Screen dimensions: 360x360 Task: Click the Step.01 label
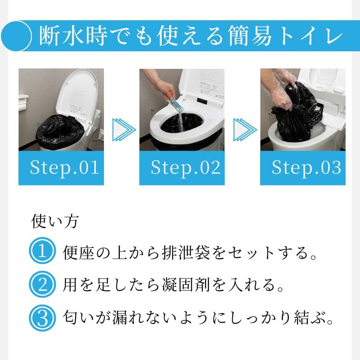tap(64, 168)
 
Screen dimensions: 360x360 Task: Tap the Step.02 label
tap(185, 168)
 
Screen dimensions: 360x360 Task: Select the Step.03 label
tap(306, 168)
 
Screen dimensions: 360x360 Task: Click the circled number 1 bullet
tap(42, 251)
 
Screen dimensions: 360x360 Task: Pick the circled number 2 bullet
tap(42, 284)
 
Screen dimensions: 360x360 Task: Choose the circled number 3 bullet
tap(42, 318)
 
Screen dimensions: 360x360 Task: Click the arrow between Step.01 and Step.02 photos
tap(124, 130)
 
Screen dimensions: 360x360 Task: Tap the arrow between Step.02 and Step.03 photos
tap(245, 130)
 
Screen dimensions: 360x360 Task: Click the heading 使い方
tap(55, 221)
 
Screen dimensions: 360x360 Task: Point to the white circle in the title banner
tap(16, 36)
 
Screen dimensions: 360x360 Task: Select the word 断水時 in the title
tap(73, 36)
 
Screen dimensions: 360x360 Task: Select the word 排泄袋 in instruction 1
tap(186, 252)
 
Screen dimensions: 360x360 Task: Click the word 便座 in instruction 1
tap(78, 252)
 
